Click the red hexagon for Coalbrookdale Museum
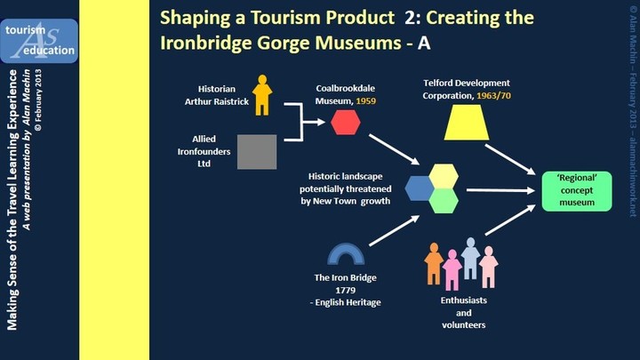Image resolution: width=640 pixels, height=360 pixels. click(x=345, y=122)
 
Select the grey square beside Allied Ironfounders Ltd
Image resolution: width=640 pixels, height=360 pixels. click(x=257, y=152)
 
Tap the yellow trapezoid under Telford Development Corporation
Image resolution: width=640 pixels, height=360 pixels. click(x=467, y=123)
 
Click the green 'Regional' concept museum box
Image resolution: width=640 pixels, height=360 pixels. click(x=577, y=191)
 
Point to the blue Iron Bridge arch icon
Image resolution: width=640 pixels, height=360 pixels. click(x=346, y=247)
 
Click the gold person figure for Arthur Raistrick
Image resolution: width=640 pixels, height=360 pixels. click(x=262, y=95)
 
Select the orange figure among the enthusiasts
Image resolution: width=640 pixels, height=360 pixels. click(x=434, y=264)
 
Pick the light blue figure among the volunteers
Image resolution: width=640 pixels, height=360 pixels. click(x=470, y=259)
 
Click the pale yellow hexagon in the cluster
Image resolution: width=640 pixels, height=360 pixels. click(x=444, y=176)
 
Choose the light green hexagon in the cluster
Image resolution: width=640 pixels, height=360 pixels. click(x=444, y=201)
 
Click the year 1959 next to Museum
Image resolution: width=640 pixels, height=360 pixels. click(x=365, y=100)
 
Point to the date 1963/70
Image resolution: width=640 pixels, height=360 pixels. click(x=493, y=95)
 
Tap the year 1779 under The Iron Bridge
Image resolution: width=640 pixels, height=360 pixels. click(x=345, y=290)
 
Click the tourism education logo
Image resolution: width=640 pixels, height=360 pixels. click(x=39, y=41)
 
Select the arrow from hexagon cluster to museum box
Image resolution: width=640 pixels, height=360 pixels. click(x=500, y=190)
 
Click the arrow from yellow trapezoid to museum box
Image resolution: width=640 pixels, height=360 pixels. click(x=510, y=160)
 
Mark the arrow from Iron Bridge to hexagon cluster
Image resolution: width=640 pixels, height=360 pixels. click(x=395, y=230)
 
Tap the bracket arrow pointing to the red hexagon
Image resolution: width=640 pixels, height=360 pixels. click(x=302, y=122)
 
